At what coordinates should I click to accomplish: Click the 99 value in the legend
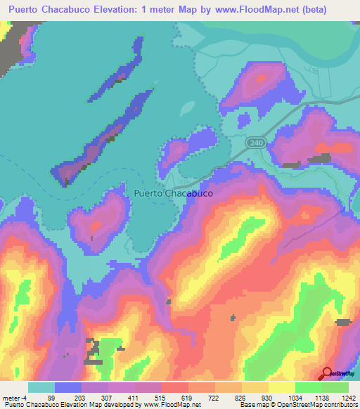(x=70, y=397)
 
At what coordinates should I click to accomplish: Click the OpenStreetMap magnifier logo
(x=327, y=373)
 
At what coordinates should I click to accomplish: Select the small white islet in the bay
(x=188, y=109)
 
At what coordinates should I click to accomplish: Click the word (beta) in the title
(x=333, y=9)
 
